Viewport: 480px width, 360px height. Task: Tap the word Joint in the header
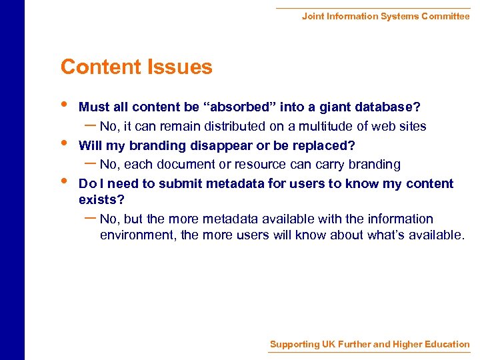pos(313,16)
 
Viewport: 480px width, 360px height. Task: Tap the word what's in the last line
pos(387,235)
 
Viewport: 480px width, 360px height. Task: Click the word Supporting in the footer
pos(294,344)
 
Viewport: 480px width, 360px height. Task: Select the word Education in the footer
pos(445,344)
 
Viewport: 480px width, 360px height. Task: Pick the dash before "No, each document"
pos(91,163)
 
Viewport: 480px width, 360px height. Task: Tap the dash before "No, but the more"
pos(91,218)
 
